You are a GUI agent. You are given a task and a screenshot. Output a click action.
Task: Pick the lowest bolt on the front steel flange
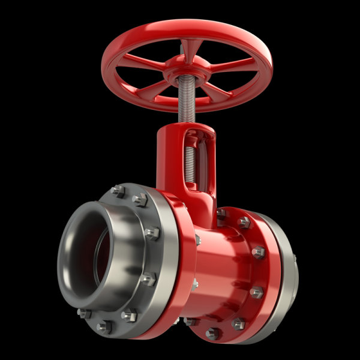pos(104,326)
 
